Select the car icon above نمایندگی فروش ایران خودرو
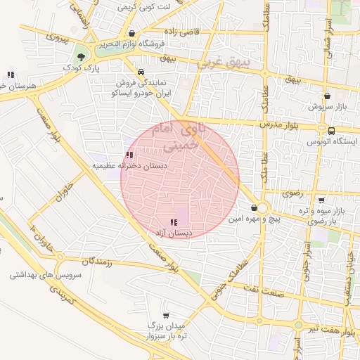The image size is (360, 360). [141, 72]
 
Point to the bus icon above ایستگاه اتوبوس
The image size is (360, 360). [331, 130]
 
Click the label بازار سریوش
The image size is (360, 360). [326, 107]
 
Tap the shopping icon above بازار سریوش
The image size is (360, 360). [327, 96]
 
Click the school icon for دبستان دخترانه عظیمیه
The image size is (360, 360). [129, 155]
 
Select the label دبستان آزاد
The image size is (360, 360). [174, 232]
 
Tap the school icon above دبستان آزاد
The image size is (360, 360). [174, 222]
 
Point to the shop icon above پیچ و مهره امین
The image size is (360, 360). [254, 208]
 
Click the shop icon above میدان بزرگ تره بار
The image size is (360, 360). [166, 316]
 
